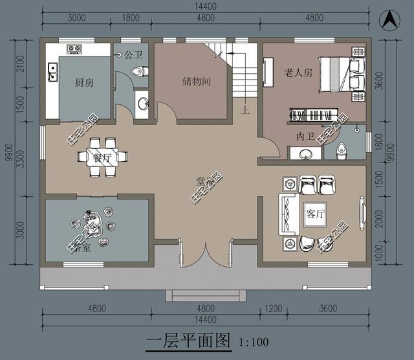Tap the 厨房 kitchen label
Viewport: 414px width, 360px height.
[85, 82]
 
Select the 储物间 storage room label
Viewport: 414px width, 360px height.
[194, 82]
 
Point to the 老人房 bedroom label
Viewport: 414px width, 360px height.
[298, 73]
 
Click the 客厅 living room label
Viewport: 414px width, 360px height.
[314, 214]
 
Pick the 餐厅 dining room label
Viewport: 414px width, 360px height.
[103, 157]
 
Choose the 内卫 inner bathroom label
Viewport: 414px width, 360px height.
[305, 137]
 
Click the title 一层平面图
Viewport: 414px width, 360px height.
[188, 341]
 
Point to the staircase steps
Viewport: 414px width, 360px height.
[245, 78]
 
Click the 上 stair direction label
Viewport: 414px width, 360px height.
[245, 110]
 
